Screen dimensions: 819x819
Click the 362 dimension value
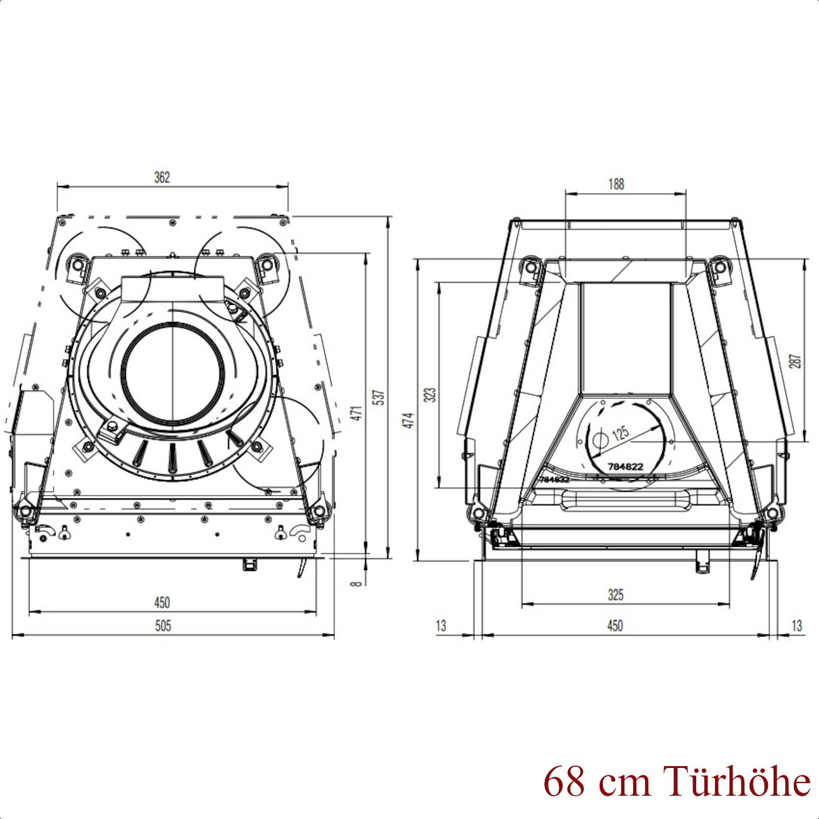(x=162, y=177)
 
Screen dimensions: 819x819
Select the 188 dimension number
(x=616, y=184)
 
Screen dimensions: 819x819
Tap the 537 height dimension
(x=380, y=398)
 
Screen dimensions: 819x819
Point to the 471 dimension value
(x=358, y=413)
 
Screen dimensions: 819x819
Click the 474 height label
(x=409, y=420)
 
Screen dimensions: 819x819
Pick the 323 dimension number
(x=431, y=395)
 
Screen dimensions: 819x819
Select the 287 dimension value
(x=796, y=361)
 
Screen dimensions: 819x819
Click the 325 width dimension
(x=616, y=595)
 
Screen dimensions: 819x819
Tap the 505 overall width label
(x=163, y=626)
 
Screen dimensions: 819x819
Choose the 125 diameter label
(x=620, y=433)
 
